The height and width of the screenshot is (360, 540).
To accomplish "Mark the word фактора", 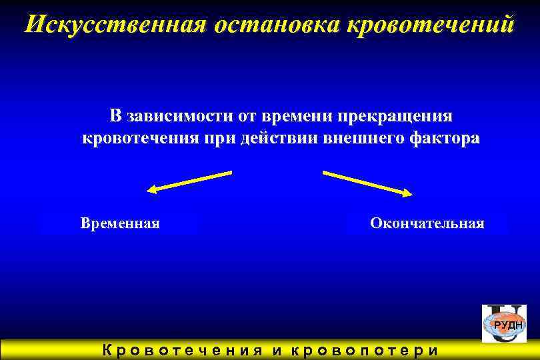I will pyautogui.click(x=445, y=139).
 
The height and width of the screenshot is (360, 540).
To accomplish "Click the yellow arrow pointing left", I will pyautogui.click(x=189, y=181).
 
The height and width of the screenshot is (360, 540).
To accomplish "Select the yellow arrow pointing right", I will pyautogui.click(x=367, y=183).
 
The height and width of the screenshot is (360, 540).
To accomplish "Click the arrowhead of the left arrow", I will pyautogui.click(x=152, y=191).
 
